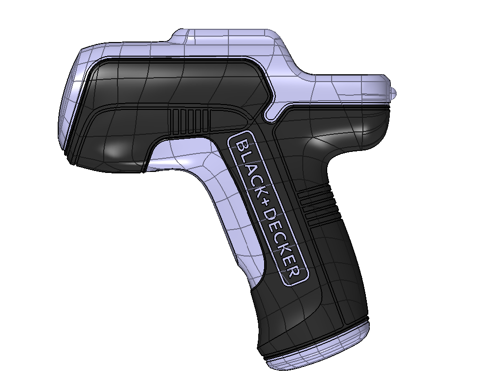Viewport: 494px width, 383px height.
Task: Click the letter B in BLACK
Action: pos(242,145)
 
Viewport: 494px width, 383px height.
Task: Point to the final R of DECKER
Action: pos(294,271)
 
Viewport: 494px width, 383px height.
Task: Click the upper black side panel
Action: pos(171,81)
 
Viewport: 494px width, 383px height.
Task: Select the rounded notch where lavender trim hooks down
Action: pos(269,117)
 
